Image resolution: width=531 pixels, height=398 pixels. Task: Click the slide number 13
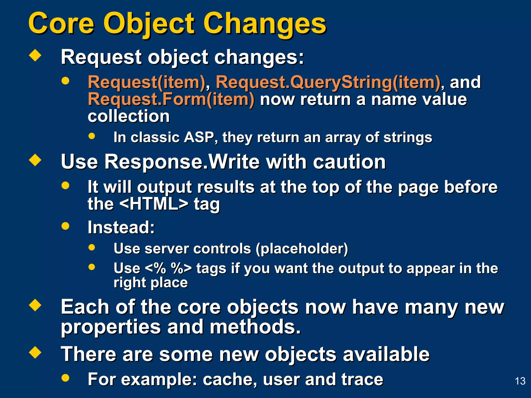coord(520,381)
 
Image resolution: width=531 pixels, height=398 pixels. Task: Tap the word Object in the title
coord(149,24)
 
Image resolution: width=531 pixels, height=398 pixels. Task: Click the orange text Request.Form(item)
coord(171,99)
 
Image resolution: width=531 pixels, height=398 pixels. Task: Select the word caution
coord(349,162)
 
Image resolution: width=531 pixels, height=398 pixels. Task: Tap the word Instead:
coord(121,227)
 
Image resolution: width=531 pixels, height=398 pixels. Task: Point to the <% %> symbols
coord(168,268)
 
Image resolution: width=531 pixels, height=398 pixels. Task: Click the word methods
coord(255,327)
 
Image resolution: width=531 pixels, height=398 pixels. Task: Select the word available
coord(386,354)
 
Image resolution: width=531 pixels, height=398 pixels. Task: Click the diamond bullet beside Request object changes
coord(35,55)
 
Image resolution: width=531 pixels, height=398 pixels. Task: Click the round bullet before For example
coord(66,378)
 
